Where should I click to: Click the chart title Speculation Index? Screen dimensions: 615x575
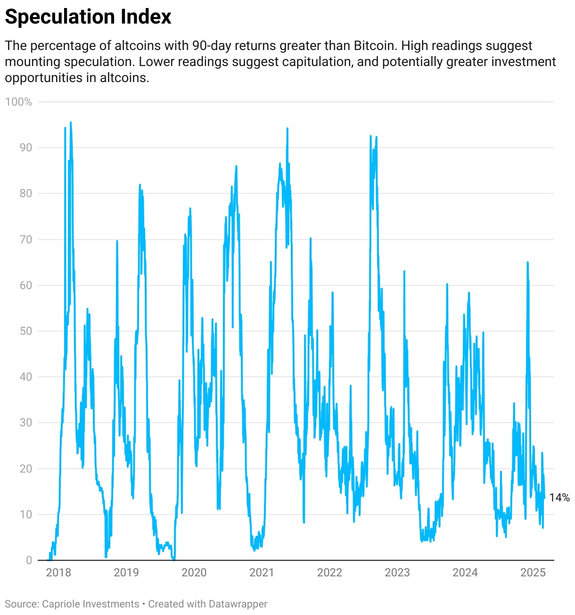[x=88, y=17]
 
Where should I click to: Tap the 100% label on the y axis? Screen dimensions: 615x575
[x=19, y=102]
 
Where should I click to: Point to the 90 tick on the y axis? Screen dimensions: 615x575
[x=25, y=148]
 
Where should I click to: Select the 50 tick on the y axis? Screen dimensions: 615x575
[x=25, y=331]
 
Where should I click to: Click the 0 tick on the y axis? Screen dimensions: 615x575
[x=29, y=560]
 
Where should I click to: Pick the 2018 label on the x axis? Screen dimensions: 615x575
[x=58, y=573]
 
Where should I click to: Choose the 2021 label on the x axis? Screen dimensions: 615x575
[x=262, y=573]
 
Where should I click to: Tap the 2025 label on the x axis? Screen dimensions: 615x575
[x=533, y=573]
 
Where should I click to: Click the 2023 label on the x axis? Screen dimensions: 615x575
[x=397, y=573]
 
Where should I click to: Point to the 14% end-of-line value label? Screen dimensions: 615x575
[x=559, y=498]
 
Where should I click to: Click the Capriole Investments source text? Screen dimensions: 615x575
[x=90, y=604]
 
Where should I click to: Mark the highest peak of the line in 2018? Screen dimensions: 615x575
[x=71, y=123]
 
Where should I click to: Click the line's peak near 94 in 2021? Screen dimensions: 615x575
[x=287, y=128]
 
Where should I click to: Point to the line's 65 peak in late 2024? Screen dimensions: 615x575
[x=527, y=262]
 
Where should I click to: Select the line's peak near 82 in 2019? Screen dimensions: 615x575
[x=140, y=184]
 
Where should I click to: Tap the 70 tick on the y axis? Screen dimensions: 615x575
[x=25, y=240]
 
